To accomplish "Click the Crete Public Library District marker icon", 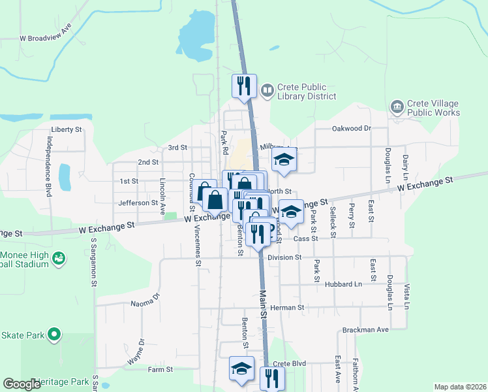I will click(267, 90).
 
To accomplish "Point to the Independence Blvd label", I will click(48, 167).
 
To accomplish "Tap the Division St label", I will click(284, 257).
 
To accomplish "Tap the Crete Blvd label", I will click(290, 364).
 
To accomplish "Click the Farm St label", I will click(160, 369).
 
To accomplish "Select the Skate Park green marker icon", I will click(53, 336).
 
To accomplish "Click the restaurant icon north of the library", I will click(243, 85).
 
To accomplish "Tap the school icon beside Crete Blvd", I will click(241, 368).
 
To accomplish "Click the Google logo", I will click(22, 384).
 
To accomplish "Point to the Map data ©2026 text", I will click(460, 387).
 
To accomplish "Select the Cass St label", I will click(305, 239).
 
